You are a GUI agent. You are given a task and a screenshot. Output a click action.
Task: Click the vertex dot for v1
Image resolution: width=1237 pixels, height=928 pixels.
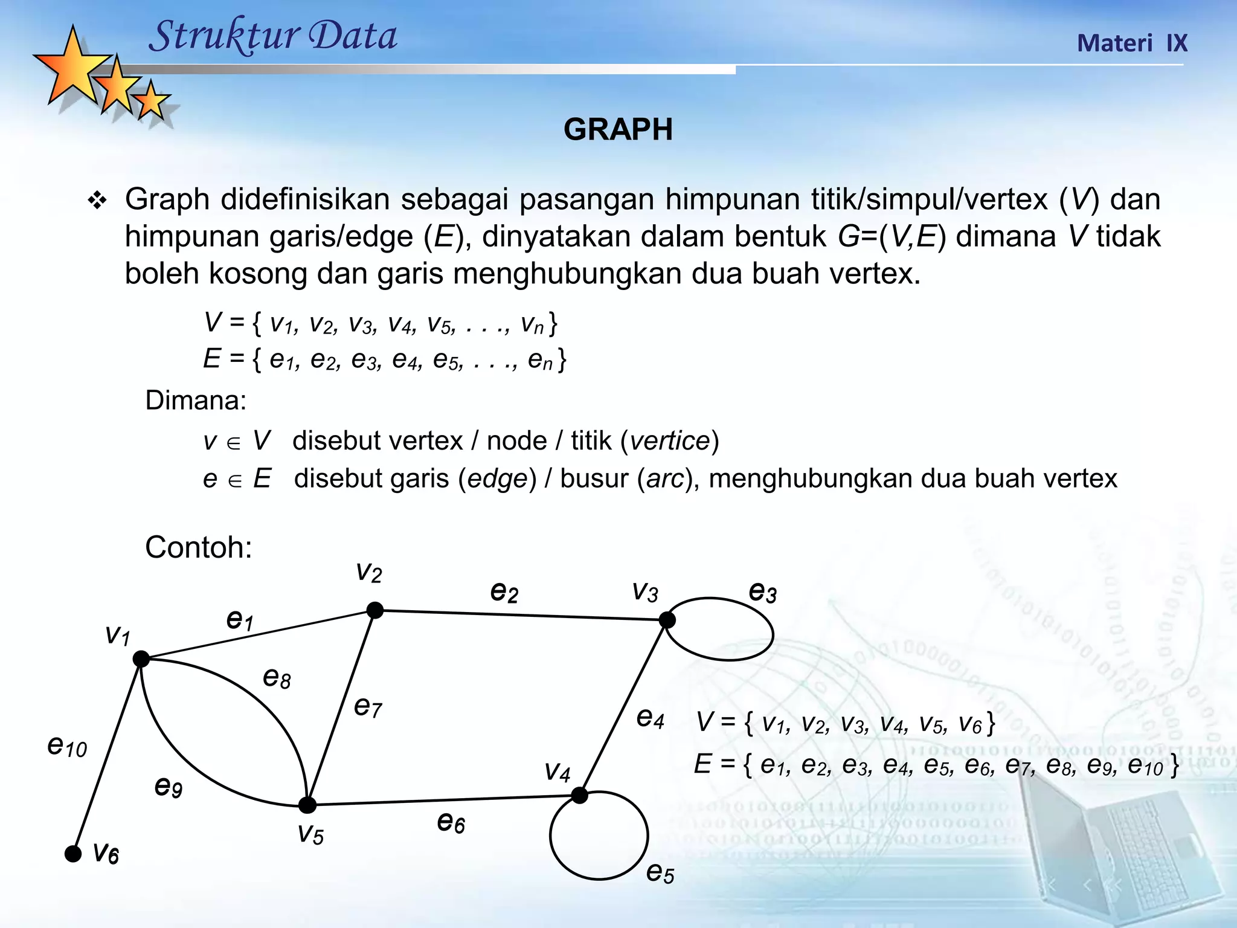pos(141,659)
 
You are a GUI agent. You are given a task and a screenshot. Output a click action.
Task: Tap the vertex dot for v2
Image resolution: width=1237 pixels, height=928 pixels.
pos(375,610)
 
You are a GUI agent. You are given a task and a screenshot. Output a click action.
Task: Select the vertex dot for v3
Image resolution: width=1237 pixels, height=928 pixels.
pos(667,620)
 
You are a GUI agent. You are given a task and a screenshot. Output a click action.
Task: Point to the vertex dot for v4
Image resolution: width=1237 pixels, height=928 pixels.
pos(579,796)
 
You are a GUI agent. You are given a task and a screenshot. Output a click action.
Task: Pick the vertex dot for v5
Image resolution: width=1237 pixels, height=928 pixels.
pos(307,805)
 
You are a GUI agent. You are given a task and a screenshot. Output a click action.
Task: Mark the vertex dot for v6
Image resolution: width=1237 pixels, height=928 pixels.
pos(73,854)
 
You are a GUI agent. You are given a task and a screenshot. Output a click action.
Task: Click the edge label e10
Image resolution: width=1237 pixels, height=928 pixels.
pos(67,747)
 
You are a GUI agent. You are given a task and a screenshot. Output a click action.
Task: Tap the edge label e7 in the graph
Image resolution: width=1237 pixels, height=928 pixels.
pos(368,706)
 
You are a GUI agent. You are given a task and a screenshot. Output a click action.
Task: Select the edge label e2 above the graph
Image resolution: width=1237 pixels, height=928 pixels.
pos(504,591)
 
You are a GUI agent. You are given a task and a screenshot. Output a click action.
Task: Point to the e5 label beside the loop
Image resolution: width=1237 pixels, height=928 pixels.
pos(660,872)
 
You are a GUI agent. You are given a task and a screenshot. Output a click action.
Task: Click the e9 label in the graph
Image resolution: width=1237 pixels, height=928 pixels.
pos(169,787)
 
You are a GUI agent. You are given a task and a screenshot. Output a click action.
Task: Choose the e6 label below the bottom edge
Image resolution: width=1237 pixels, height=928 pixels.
pos(451,822)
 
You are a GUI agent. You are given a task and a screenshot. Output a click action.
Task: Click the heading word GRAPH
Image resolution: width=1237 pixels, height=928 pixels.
pos(618,129)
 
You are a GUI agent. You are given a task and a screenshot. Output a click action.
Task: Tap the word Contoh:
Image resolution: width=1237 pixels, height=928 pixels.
pos(198,547)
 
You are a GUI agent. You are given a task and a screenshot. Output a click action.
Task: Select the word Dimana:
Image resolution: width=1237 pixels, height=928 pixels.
pos(196,401)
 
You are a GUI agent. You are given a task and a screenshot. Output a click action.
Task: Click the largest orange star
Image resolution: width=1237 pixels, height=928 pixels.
pos(72,68)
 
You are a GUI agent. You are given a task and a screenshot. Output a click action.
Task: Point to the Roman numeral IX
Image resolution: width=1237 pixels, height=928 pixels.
pos(1177,43)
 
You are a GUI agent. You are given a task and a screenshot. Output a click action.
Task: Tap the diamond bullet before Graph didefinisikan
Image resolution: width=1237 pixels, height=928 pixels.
pos(97,201)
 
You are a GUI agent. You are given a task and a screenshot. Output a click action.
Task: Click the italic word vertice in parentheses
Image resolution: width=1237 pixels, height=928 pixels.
pos(669,441)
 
